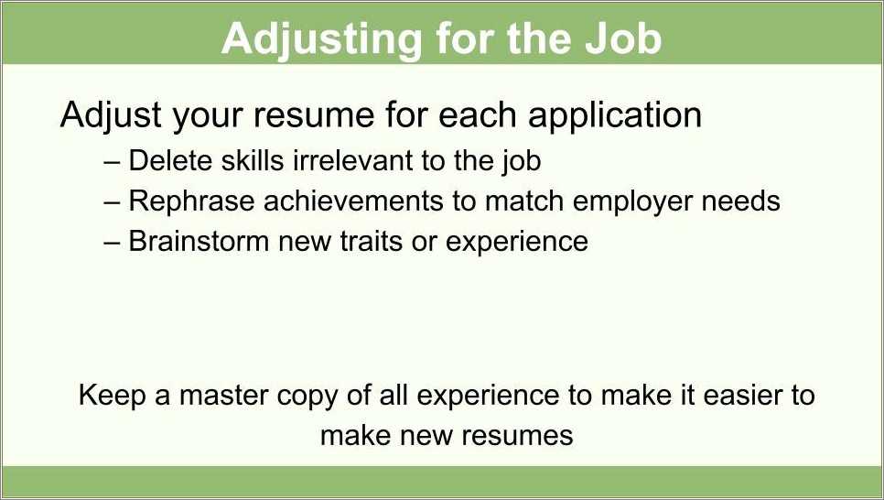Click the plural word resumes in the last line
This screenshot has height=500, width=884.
point(520,434)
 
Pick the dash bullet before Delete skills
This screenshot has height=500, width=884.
point(113,162)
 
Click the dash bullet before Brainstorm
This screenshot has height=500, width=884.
point(113,242)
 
